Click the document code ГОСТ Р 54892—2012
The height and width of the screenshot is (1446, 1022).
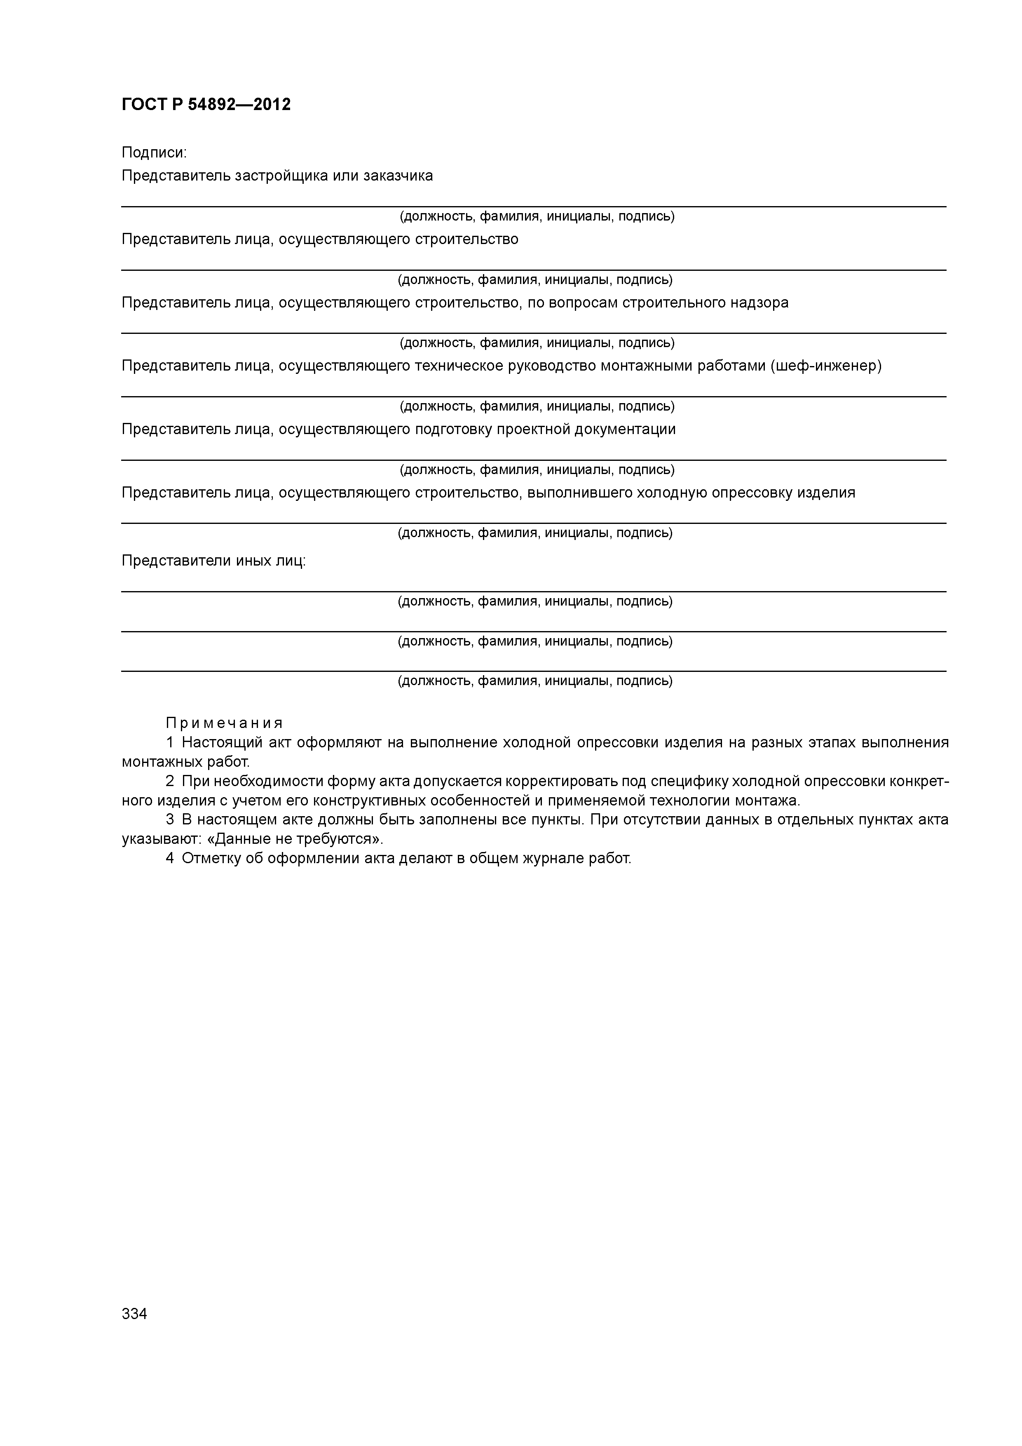(x=206, y=105)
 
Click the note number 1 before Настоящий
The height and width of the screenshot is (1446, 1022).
(x=169, y=742)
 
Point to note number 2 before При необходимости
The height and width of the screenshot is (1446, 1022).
(x=169, y=782)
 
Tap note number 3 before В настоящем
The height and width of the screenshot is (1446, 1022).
(x=169, y=820)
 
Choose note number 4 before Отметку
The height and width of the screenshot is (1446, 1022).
(x=169, y=858)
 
